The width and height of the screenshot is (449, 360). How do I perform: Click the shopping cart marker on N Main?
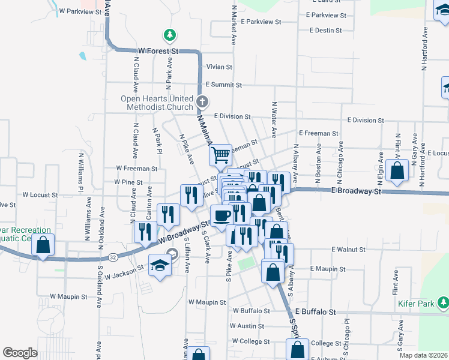pos(221,155)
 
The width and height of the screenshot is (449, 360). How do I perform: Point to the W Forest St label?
pos(158,52)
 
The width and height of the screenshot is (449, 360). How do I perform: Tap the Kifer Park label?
pos(416,304)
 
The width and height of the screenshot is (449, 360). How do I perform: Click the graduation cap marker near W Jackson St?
pos(160,266)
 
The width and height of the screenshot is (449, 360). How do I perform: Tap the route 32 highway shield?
pos(113,257)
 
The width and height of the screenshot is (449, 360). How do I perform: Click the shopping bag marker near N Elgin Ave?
pos(397,170)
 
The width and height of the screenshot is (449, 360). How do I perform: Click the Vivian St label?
pos(219,67)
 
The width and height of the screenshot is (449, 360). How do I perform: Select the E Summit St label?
pos(223,85)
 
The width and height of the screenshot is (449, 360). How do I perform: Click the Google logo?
pos(20,353)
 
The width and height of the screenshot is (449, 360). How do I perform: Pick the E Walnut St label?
pos(348,249)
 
